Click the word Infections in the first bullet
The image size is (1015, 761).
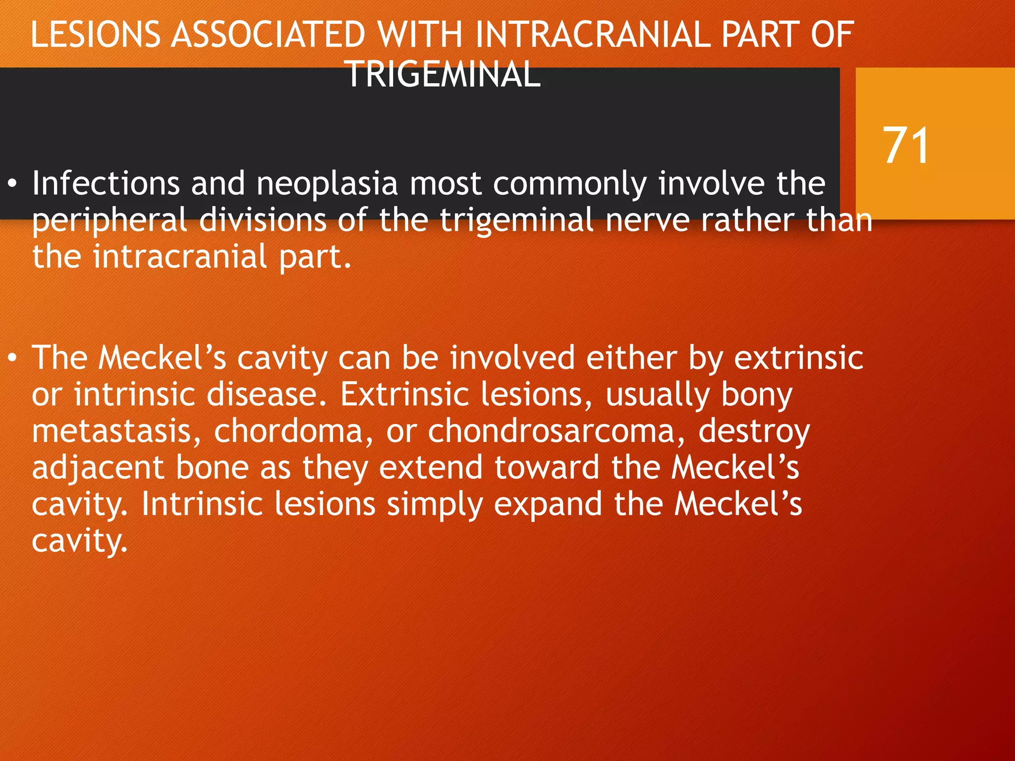pyautogui.click(x=106, y=183)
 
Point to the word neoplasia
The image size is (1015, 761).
pyautogui.click(x=327, y=183)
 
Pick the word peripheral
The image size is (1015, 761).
pyautogui.click(x=109, y=220)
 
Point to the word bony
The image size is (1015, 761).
pyautogui.click(x=757, y=395)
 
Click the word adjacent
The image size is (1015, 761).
pyautogui.click(x=98, y=468)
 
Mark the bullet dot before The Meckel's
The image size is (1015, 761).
pyautogui.click(x=13, y=358)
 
